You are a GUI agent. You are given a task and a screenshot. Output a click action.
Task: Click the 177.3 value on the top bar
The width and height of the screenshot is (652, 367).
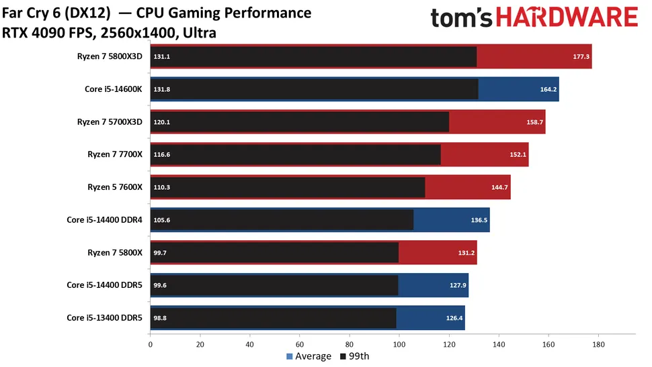581,57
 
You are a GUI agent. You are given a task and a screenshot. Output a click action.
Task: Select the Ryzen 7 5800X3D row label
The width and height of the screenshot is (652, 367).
110,56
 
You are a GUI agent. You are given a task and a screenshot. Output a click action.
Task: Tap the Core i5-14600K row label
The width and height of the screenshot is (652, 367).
114,89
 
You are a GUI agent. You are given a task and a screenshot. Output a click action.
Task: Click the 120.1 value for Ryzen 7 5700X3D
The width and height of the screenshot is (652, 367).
162,122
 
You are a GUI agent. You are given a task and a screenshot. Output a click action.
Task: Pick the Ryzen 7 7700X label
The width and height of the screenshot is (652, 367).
115,154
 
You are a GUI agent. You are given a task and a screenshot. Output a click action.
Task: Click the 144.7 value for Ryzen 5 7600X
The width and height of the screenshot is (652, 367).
499,187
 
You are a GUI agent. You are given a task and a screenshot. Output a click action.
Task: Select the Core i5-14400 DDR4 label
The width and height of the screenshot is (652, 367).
104,219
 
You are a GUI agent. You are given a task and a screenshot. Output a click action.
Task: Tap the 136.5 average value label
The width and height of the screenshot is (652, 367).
479,219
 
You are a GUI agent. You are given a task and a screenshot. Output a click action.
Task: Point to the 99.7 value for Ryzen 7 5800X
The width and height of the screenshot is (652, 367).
161,252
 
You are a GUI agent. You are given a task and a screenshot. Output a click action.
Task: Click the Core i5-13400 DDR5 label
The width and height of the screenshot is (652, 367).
104,317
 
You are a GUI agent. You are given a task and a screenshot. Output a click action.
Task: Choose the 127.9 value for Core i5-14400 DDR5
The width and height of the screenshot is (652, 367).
457,284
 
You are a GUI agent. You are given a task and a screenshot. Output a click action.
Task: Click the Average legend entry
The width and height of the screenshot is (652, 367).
309,356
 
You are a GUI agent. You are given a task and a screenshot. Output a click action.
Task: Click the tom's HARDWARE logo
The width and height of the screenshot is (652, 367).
534,20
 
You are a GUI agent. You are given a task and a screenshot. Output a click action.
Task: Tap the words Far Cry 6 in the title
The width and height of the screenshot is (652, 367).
33,13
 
